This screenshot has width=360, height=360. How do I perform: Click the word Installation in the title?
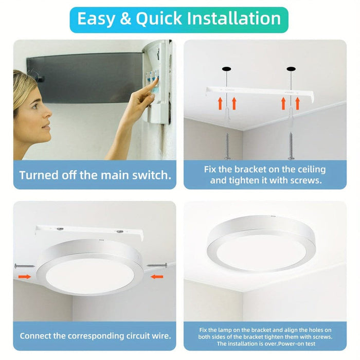point(234,19)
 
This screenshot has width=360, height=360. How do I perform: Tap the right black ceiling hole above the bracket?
point(292,69)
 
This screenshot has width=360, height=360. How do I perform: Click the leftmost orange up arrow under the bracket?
point(220,103)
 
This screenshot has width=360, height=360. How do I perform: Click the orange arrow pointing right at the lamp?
point(24,276)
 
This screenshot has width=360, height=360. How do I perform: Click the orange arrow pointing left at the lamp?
point(157,276)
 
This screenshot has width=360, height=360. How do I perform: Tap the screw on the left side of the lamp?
point(24,266)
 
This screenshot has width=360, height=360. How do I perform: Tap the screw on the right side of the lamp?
point(157,265)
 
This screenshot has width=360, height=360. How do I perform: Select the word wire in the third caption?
point(159,336)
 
